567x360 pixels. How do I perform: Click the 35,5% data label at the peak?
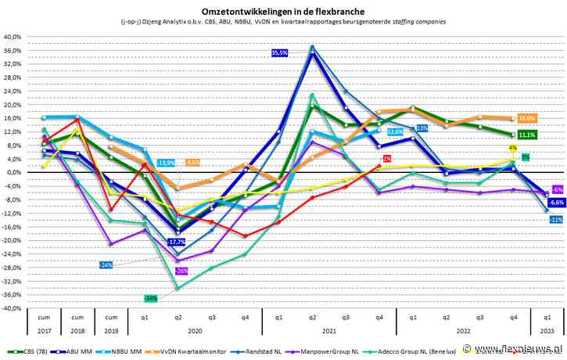(280, 52)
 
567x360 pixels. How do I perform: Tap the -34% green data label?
(151, 298)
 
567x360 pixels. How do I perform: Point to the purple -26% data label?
(181, 271)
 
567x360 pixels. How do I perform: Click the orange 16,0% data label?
(526, 118)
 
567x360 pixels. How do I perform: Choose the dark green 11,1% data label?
(526, 135)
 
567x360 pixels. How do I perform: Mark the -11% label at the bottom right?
(556, 220)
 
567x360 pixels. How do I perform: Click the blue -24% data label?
(106, 265)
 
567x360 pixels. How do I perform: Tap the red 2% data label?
(387, 159)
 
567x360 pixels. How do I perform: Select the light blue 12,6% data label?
(395, 131)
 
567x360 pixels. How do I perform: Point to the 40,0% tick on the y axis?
(13, 37)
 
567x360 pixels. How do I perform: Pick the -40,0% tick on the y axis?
(13, 308)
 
